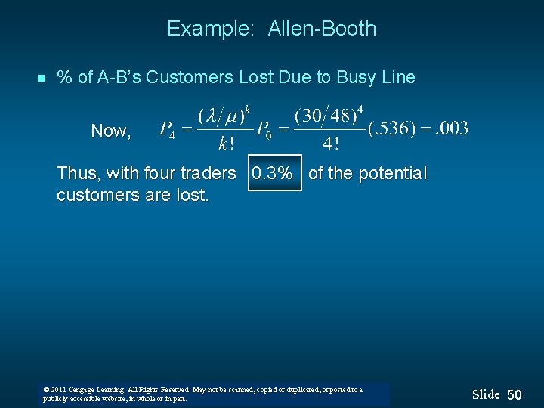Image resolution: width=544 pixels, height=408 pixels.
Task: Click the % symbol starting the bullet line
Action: click(x=65, y=77)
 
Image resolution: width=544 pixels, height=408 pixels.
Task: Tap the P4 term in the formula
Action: click(x=167, y=129)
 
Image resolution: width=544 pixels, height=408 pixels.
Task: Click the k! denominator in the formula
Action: click(x=224, y=143)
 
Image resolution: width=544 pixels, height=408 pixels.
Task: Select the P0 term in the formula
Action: click(x=264, y=129)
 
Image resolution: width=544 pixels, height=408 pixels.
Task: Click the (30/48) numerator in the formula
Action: click(x=328, y=116)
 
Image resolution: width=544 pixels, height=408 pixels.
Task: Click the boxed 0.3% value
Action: click(x=272, y=174)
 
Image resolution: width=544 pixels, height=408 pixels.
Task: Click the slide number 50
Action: click(x=515, y=395)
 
